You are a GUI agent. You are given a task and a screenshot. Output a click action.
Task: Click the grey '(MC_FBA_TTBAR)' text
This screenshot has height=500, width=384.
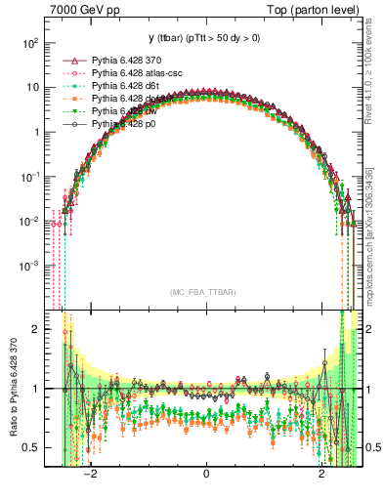205,291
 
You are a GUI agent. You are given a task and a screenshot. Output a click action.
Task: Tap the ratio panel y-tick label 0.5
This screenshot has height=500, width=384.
31,447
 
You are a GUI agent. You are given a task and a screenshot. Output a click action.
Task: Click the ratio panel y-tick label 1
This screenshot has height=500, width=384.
35,388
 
